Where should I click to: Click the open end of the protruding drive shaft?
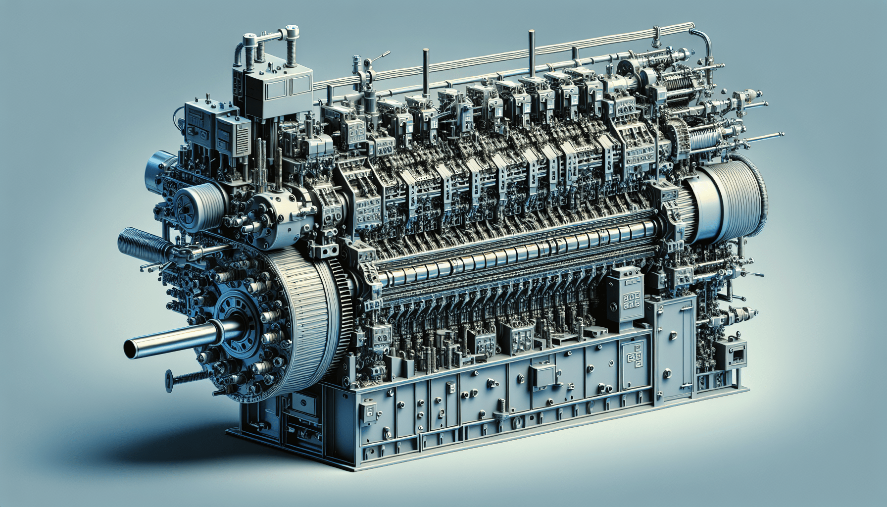pyautogui.click(x=132, y=348)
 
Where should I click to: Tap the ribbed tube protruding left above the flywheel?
pyautogui.click(x=139, y=242)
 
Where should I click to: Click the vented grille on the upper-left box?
pyautogui.click(x=243, y=138)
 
